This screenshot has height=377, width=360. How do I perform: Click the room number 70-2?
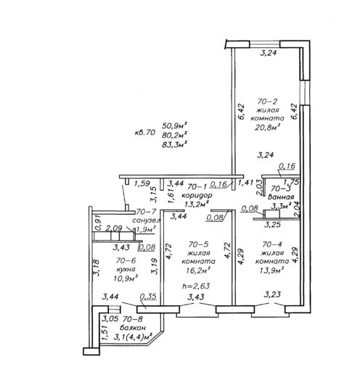point(267,101)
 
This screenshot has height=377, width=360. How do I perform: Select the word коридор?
point(197,195)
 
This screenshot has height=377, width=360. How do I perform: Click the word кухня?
point(126,269)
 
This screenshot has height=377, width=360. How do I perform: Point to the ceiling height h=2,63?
point(196,286)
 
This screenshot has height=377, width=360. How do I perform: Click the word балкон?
point(133,328)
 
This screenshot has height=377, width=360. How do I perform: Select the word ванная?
point(281,196)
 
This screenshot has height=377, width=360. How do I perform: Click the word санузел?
point(147,220)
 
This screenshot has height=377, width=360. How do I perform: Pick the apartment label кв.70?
point(144,133)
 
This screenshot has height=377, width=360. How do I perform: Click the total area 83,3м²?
point(175,144)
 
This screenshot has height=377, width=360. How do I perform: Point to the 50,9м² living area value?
point(175,125)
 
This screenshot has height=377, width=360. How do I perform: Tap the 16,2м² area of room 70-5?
point(197,270)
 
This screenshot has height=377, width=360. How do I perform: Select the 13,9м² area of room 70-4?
point(271,270)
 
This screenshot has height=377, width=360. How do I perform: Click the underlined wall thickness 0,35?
point(148,297)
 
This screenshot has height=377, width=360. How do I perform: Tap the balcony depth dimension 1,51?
point(105,332)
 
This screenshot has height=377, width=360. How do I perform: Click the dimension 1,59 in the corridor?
point(142,184)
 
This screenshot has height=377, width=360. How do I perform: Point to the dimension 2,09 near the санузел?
point(114,228)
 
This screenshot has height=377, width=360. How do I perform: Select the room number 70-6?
point(126,260)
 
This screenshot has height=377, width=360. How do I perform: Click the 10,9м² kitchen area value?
point(126,278)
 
